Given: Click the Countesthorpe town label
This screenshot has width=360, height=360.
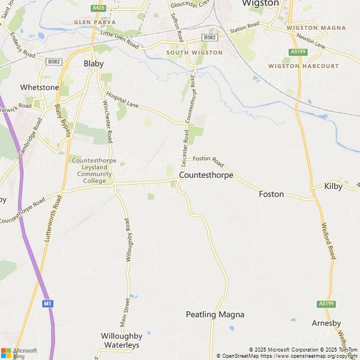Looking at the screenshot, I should pyautogui.click(x=205, y=175).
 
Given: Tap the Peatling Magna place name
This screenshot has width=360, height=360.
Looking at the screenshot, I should pyautogui.click(x=215, y=314).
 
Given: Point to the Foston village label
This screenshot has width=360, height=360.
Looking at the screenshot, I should pyautogui.click(x=271, y=194).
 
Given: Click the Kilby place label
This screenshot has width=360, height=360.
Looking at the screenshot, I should pyautogui.click(x=333, y=186).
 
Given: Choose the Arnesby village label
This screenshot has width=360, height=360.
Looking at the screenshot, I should pyautogui.click(x=326, y=323).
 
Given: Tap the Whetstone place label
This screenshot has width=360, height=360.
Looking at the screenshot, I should pyautogui.click(x=39, y=88).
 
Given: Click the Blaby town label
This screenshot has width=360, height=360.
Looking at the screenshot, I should pyautogui.click(x=93, y=64).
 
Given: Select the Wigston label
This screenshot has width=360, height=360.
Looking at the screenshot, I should pyautogui.click(x=260, y=3).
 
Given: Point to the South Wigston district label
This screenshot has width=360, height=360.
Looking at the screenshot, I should pyautogui.click(x=195, y=52).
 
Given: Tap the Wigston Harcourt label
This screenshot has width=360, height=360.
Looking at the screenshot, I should pyautogui.click(x=303, y=66).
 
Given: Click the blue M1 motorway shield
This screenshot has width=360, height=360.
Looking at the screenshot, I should pyautogui.click(x=48, y=304).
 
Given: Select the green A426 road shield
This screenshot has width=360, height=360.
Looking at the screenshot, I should pyautogui.click(x=98, y=8).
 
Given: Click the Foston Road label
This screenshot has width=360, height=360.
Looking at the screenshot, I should pyautogui.click(x=209, y=161).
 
